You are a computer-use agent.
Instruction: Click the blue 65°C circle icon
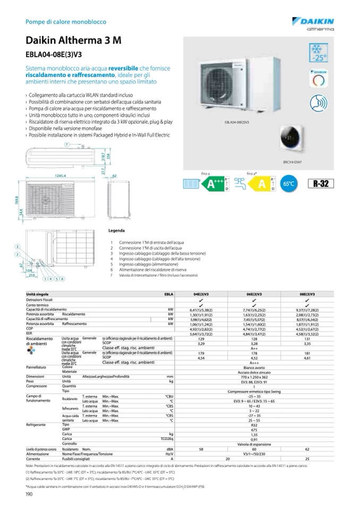tap(290, 185)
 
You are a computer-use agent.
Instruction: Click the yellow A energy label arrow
tap(261, 184)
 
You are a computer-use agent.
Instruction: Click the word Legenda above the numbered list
tap(116, 231)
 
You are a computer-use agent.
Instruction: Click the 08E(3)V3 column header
tap(306, 294)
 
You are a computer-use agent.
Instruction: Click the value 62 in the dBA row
tap(306, 449)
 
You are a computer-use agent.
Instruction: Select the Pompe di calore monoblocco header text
tap(66, 22)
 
